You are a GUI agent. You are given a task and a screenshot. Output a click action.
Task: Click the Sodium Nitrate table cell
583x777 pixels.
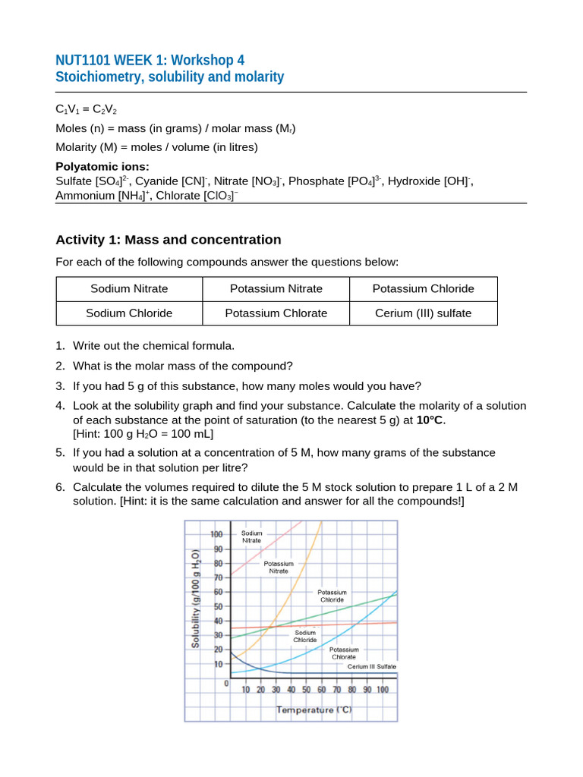(x=129, y=288)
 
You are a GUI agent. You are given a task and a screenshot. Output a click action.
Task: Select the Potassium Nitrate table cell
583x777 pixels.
(x=276, y=288)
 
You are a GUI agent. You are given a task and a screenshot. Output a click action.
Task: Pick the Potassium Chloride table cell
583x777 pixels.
(x=423, y=288)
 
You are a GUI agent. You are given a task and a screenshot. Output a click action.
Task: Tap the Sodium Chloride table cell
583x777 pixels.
(x=129, y=313)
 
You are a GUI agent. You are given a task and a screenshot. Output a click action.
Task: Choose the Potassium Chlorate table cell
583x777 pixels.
(x=276, y=313)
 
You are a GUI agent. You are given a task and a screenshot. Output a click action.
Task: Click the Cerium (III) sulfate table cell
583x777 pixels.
(x=423, y=313)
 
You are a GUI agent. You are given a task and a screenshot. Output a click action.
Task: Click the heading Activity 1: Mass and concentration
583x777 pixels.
(x=169, y=240)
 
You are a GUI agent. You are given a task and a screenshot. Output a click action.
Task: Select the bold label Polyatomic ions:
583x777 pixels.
(x=102, y=167)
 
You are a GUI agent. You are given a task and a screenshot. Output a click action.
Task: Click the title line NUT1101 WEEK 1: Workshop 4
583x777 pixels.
(x=150, y=60)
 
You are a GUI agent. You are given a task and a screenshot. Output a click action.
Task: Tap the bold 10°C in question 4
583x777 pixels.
(x=430, y=420)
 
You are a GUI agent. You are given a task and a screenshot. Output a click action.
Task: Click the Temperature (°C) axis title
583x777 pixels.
(x=314, y=710)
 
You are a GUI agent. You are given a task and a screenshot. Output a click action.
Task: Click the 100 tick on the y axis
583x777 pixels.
(x=216, y=534)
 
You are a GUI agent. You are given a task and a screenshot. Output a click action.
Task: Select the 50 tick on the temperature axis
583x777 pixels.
(x=307, y=690)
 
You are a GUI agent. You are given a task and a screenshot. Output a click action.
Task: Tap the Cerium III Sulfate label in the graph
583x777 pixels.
(x=371, y=666)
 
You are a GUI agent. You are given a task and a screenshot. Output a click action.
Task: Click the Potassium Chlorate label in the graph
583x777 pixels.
(x=344, y=653)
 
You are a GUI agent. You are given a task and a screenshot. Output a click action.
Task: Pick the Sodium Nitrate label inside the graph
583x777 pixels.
(x=252, y=537)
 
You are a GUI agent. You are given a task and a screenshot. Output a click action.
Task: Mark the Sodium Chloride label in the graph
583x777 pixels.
(x=304, y=636)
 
